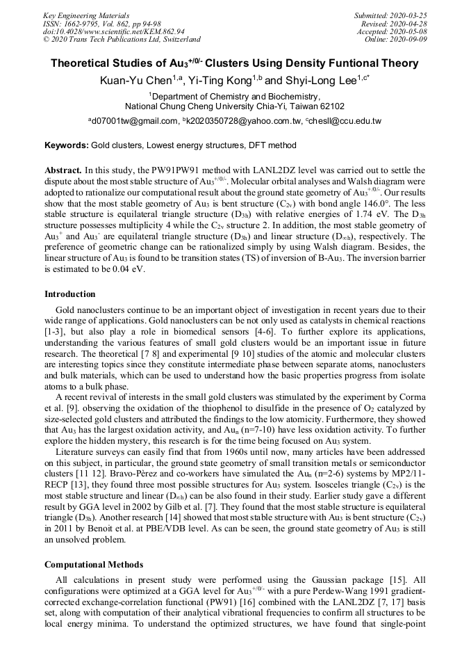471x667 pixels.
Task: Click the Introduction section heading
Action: click(70, 294)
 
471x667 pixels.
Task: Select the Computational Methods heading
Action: click(94, 564)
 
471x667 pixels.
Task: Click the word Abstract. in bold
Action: click(63, 170)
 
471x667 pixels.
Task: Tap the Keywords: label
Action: click(67, 145)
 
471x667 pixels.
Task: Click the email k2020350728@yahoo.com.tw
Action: click(240, 121)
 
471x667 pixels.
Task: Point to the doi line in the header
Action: click(114, 31)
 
